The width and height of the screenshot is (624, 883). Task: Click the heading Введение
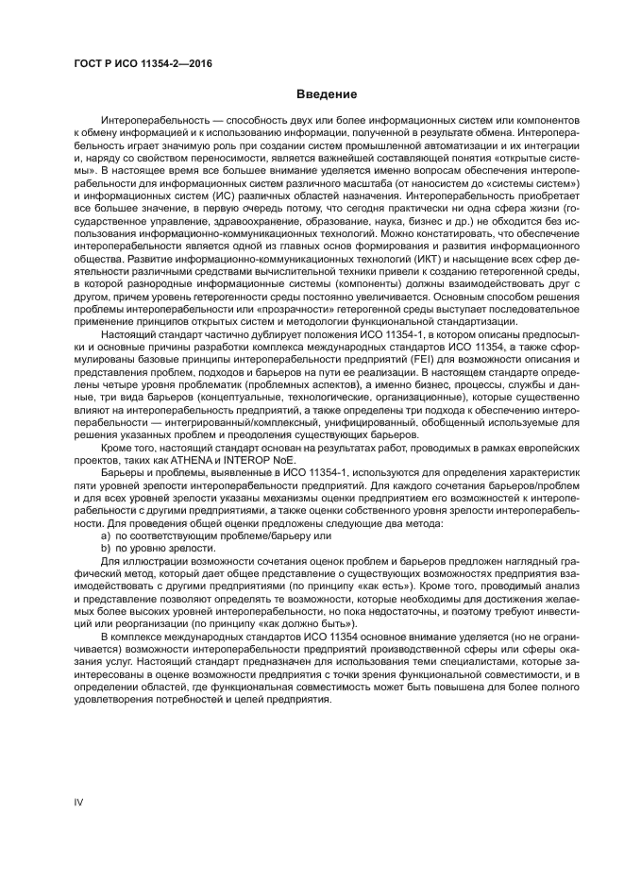pos(327,94)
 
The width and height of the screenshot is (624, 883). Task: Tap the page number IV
pos(79,801)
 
